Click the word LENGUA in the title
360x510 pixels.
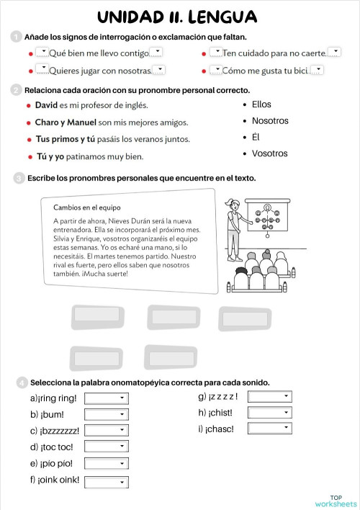(x=222, y=17)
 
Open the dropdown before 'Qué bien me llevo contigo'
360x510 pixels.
(x=42, y=52)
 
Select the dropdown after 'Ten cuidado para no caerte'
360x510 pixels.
(x=334, y=52)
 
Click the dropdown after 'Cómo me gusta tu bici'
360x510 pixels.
(x=317, y=70)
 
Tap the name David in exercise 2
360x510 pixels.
(x=46, y=105)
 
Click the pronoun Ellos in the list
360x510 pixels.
(x=261, y=104)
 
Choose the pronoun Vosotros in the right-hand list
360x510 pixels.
(x=269, y=153)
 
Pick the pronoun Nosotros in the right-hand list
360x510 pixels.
(x=270, y=121)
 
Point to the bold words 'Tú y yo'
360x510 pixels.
(x=50, y=156)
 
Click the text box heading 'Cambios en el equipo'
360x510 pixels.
(x=87, y=207)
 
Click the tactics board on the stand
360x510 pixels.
(x=268, y=215)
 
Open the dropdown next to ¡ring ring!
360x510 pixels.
(x=107, y=398)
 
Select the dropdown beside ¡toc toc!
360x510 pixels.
(x=107, y=447)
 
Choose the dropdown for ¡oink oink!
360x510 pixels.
(x=107, y=482)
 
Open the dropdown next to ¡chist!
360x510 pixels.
(x=269, y=413)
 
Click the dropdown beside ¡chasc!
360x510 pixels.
(x=269, y=428)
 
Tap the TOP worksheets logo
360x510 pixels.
(x=336, y=501)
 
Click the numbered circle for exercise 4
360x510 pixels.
(x=22, y=382)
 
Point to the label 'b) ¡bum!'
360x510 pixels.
(x=47, y=414)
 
